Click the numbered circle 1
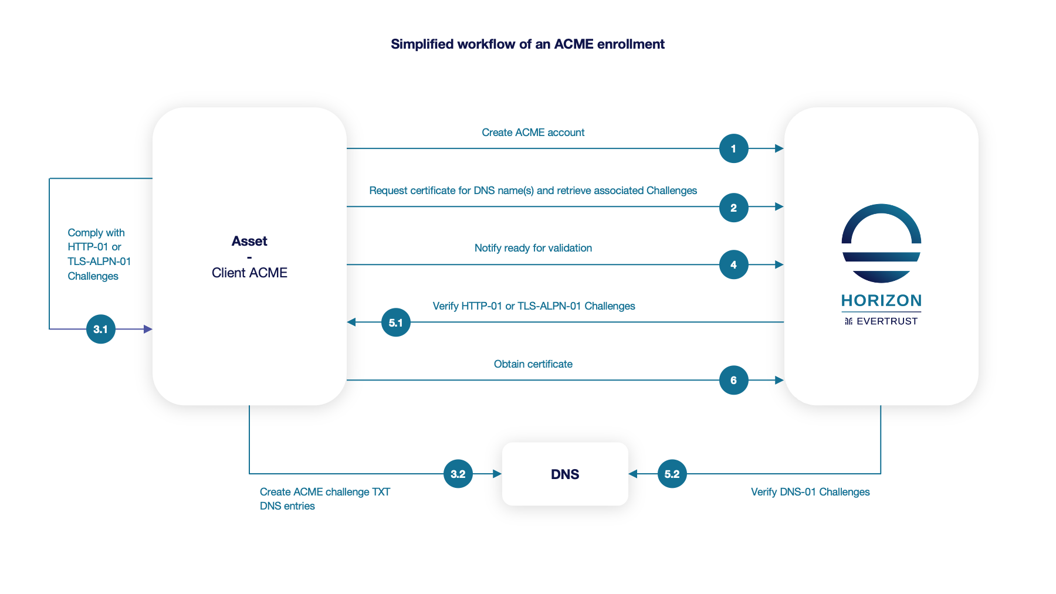pyautogui.click(x=733, y=148)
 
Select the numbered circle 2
pyautogui.click(x=733, y=208)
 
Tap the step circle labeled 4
pyautogui.click(x=733, y=264)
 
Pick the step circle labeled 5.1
pyautogui.click(x=395, y=323)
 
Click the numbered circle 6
pyautogui.click(x=733, y=380)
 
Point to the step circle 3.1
pyautogui.click(x=100, y=329)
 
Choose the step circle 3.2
pyautogui.click(x=458, y=474)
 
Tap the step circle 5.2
pyautogui.click(x=672, y=474)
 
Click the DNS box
pyautogui.click(x=565, y=474)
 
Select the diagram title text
pyautogui.click(x=527, y=44)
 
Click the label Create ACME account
pyautogui.click(x=533, y=133)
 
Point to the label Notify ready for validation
pyautogui.click(x=533, y=248)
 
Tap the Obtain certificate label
pyautogui.click(x=533, y=364)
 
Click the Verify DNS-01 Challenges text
pyautogui.click(x=810, y=492)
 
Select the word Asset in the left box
pyautogui.click(x=249, y=241)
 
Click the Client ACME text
pyautogui.click(x=249, y=273)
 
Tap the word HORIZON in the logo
pyautogui.click(x=881, y=301)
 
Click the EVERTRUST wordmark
pyautogui.click(x=886, y=321)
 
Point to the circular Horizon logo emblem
pyautogui.click(x=881, y=243)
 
